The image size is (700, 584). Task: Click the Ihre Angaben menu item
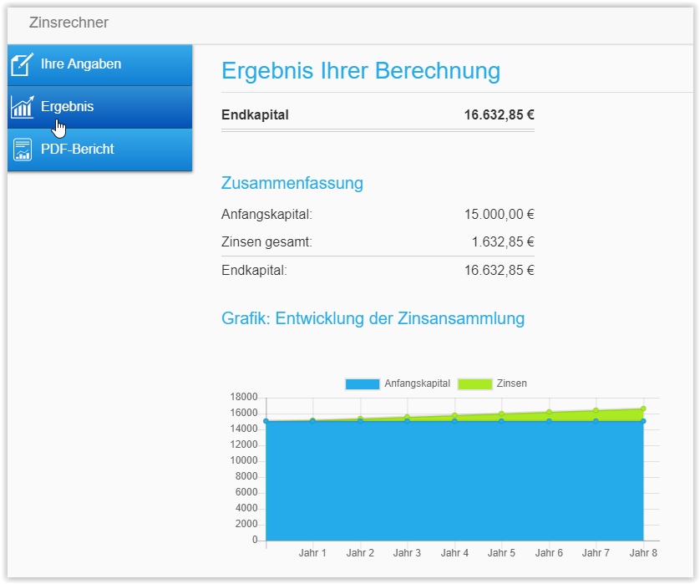pyautogui.click(x=81, y=63)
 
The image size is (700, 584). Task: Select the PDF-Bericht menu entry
pyautogui.click(x=78, y=150)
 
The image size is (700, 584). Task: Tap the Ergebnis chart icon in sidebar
pyautogui.click(x=22, y=107)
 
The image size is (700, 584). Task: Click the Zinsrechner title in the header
pyautogui.click(x=68, y=23)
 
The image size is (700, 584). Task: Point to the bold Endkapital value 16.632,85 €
pyautogui.click(x=499, y=115)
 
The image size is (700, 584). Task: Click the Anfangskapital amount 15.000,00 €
pyautogui.click(x=499, y=215)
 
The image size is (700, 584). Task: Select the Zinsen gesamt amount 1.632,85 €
pyautogui.click(x=503, y=242)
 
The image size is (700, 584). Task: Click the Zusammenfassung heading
pyautogui.click(x=292, y=183)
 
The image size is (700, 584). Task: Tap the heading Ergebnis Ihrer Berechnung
pyautogui.click(x=361, y=71)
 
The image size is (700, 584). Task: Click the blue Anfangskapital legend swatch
pyautogui.click(x=362, y=383)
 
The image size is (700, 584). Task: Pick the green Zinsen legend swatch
pyautogui.click(x=474, y=383)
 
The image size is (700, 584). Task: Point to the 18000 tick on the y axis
pyautogui.click(x=243, y=397)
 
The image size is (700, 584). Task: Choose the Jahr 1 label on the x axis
pyautogui.click(x=312, y=553)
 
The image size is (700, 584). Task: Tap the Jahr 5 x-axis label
pyautogui.click(x=501, y=553)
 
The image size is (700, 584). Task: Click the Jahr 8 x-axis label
pyautogui.click(x=643, y=553)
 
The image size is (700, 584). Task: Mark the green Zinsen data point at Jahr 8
pyautogui.click(x=643, y=409)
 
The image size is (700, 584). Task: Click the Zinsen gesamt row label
pyautogui.click(x=266, y=242)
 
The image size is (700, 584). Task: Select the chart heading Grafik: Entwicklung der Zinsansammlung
pyautogui.click(x=373, y=318)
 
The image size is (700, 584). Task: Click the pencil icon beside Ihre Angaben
pyautogui.click(x=22, y=64)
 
